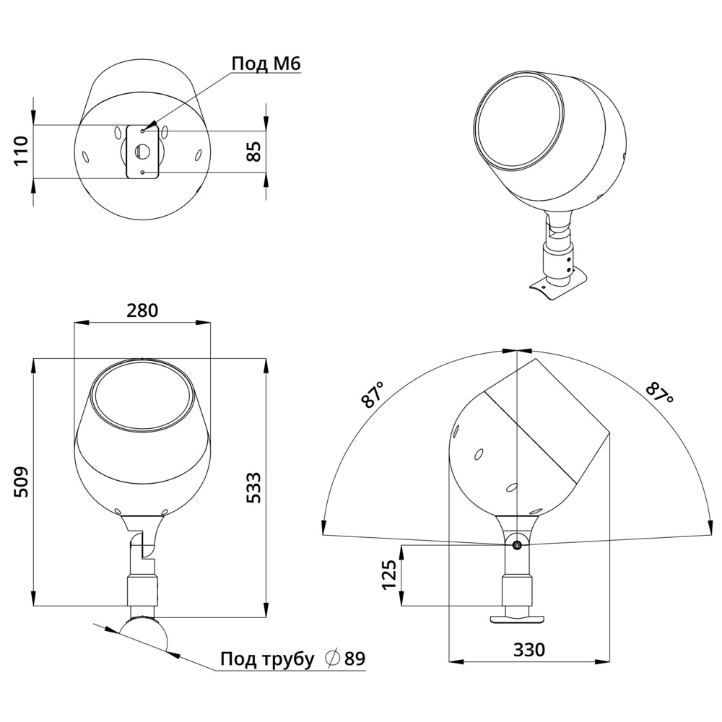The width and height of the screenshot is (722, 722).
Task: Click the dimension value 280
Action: (142, 310)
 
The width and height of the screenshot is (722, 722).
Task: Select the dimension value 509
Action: (21, 482)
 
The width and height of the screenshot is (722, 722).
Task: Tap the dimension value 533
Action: (253, 487)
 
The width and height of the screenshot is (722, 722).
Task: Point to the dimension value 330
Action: (529, 650)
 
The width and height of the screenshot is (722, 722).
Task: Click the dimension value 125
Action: (390, 575)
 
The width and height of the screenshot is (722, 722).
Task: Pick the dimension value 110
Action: (21, 151)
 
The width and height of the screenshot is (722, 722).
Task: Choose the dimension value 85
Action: (253, 152)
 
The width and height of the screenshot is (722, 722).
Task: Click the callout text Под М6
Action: (266, 64)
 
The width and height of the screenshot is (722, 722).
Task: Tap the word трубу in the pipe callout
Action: (288, 659)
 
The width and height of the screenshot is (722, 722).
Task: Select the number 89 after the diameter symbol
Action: (355, 659)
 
